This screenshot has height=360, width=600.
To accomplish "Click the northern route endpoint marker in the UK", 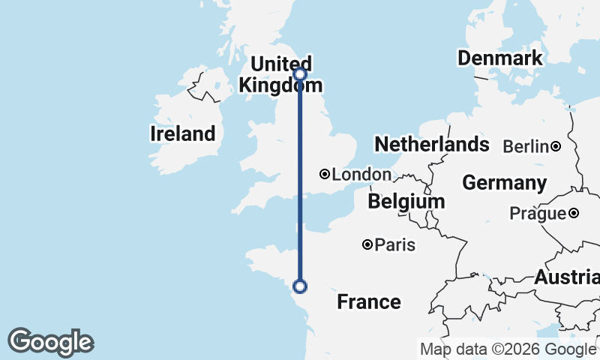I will (300, 73).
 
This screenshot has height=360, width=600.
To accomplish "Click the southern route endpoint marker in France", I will (300, 286).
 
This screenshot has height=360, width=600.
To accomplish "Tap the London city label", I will (361, 175).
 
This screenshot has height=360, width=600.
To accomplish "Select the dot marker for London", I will (325, 174).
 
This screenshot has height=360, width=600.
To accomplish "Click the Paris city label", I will (395, 245).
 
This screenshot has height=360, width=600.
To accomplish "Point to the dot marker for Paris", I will (367, 244).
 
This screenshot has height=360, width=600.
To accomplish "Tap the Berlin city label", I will (526, 147).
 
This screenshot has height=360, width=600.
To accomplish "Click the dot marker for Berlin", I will (556, 146).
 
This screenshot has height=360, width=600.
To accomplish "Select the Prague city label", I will (538, 214).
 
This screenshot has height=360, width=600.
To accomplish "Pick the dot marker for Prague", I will (573, 213).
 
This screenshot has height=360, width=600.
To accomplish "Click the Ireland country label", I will (183, 134).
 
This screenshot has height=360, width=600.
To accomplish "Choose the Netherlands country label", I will (432, 144).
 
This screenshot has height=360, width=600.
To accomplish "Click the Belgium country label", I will (406, 202).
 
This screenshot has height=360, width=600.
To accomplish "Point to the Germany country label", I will (504, 182).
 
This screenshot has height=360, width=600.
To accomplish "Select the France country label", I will (368, 301).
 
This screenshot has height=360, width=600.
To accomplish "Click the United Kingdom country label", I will (275, 74).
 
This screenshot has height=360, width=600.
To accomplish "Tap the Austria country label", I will (566, 277).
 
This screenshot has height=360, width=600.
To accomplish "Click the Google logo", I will (50, 342).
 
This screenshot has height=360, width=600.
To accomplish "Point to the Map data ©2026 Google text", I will (508, 349).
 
